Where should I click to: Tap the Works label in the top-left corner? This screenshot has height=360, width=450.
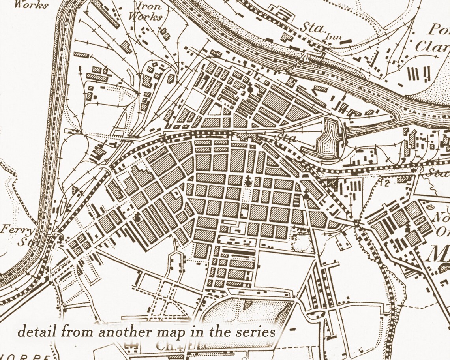(31, 5)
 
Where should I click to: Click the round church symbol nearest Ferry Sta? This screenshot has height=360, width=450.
(137, 217)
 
